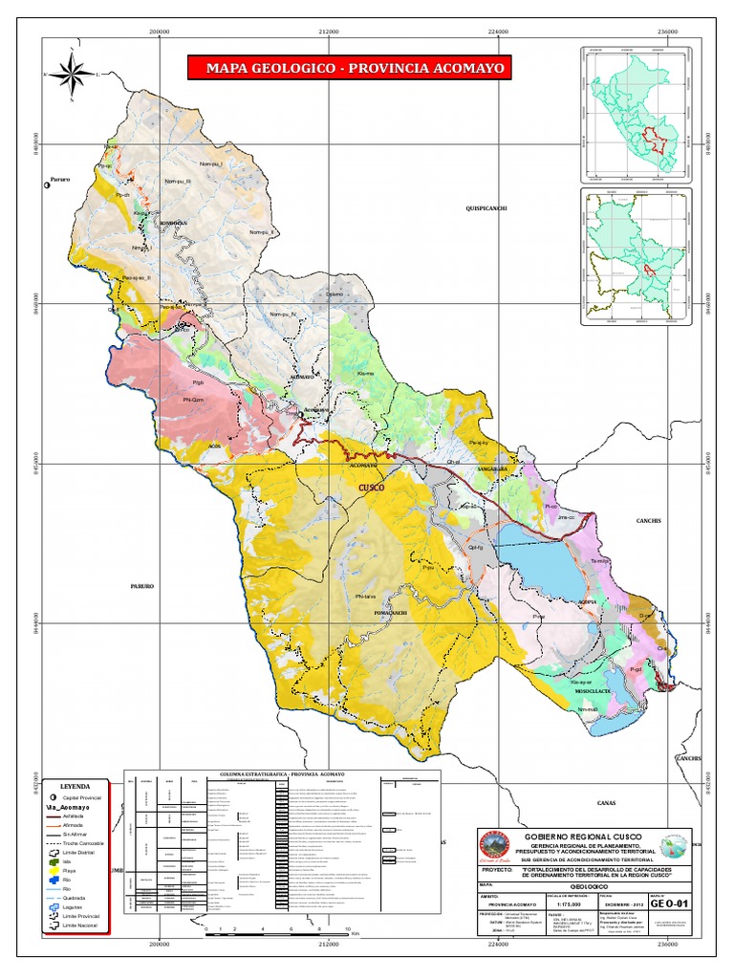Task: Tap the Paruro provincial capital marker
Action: pos(47,186)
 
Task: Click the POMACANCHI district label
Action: pos(402,614)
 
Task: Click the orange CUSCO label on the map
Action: pos(371,488)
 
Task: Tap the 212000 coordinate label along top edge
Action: pos(328,32)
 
